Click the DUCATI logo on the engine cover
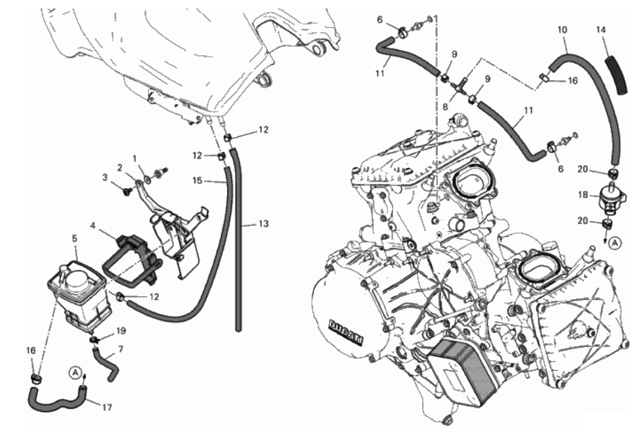[346, 332]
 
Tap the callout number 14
[601, 30]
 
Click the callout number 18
[583, 195]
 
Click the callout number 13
[264, 224]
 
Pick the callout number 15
[197, 180]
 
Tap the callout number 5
[75, 239]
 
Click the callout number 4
[92, 226]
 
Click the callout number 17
[107, 408]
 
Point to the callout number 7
[121, 349]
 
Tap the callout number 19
[121, 330]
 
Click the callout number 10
[562, 30]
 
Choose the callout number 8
[445, 107]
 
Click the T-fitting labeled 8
[459, 88]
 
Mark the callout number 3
[105, 177]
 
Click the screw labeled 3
[127, 192]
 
